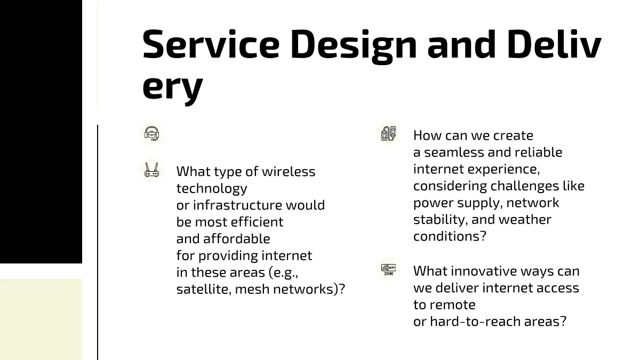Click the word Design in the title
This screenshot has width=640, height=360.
(354, 47)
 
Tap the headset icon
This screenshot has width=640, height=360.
(151, 134)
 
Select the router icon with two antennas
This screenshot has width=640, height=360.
(151, 170)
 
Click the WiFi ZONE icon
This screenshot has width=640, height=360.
(389, 269)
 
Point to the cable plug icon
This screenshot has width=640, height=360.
(389, 133)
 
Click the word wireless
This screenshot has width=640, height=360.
(289, 171)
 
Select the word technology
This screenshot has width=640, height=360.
(212, 189)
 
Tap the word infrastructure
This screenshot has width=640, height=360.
(237, 205)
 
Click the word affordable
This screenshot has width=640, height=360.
(237, 238)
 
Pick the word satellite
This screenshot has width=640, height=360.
(204, 289)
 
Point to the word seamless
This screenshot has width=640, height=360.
(454, 153)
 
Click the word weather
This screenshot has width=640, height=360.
(525, 219)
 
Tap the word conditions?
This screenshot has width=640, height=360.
(450, 236)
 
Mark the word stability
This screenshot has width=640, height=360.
(441, 220)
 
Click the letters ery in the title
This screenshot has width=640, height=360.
(173, 87)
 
